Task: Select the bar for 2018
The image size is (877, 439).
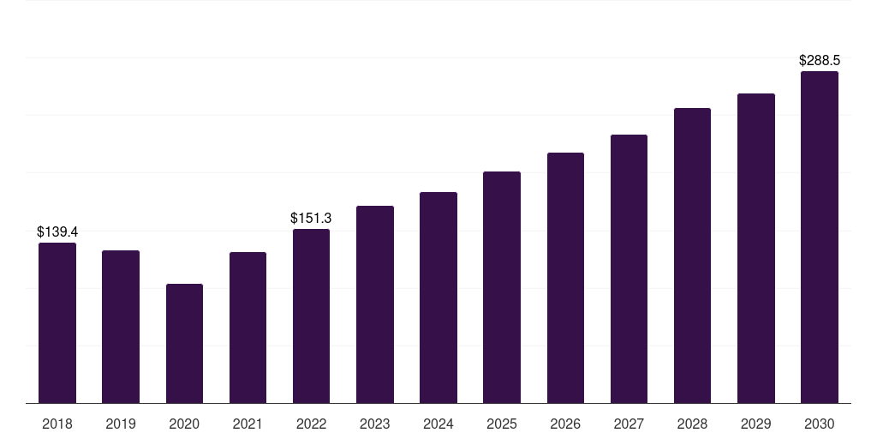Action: [57, 323]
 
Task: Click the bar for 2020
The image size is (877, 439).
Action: [185, 344]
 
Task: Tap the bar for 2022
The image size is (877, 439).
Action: [311, 316]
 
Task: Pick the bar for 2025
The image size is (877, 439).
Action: [502, 287]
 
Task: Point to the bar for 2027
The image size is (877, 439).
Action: [629, 268]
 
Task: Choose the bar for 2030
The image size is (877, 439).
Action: [820, 238]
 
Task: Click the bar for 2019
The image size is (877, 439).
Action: [121, 327]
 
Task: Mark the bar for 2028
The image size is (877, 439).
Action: [692, 256]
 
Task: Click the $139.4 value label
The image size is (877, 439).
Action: [57, 232]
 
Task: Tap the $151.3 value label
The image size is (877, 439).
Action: [311, 219]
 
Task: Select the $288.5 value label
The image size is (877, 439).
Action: [820, 61]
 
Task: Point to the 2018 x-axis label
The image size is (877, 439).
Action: [57, 424]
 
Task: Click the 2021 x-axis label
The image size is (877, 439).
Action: [248, 424]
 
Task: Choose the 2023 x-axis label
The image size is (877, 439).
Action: [375, 424]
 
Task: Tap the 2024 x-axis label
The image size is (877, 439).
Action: [438, 424]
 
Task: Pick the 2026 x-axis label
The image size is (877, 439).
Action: [565, 424]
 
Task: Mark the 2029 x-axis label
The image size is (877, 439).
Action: [756, 424]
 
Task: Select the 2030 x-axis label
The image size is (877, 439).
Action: [820, 424]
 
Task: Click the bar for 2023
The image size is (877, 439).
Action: [375, 304]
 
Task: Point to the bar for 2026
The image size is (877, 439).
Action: [565, 278]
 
